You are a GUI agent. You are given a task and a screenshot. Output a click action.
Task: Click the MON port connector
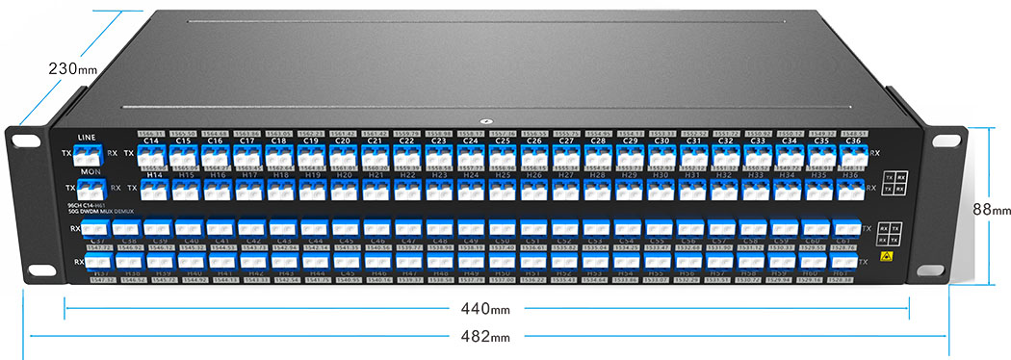92,190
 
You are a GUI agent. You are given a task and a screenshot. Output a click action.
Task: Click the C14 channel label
150,141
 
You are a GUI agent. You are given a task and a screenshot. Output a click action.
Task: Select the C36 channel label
852,141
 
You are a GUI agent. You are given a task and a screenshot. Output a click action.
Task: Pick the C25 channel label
502,141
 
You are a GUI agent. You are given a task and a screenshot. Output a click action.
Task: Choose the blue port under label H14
152,190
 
